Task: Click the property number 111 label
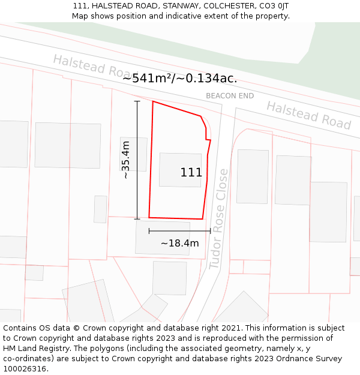191,173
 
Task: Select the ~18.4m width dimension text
179,243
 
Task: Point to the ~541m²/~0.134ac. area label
179,78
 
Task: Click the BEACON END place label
230,96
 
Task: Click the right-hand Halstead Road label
308,115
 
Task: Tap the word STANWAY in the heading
179,6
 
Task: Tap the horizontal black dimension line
179,230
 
